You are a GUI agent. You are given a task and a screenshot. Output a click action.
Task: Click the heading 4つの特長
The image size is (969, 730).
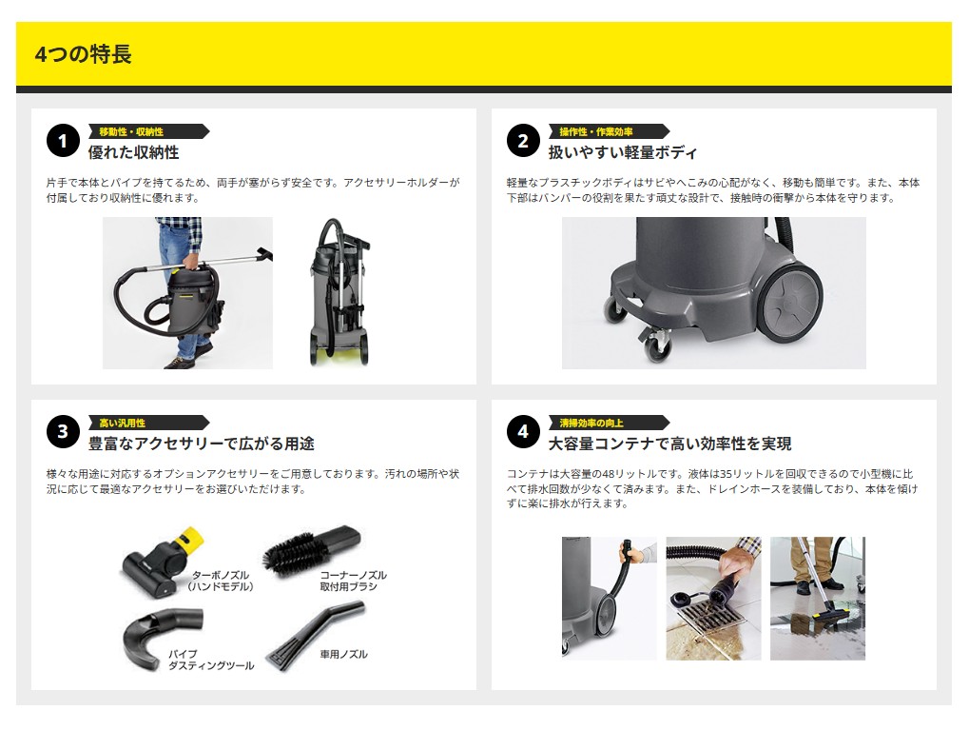[x=83, y=54]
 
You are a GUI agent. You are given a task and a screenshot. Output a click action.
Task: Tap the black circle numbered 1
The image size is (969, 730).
[x=63, y=141]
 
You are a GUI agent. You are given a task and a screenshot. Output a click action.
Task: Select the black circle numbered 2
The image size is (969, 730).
[x=523, y=141]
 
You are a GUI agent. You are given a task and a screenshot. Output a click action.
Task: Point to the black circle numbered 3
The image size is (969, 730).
[x=63, y=432]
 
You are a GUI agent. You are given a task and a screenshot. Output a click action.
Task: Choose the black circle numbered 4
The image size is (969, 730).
[x=523, y=432]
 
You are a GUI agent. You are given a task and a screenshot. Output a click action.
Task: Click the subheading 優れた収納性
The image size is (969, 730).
[x=133, y=152]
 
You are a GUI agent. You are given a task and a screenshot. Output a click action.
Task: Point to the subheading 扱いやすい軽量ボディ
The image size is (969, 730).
[x=623, y=152]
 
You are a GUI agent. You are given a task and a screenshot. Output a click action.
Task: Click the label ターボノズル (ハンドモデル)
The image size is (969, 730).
[x=221, y=581]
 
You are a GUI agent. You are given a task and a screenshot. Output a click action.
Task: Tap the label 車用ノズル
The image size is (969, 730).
[x=343, y=654]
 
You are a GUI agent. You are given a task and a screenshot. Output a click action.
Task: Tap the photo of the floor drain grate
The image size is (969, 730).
[x=713, y=599]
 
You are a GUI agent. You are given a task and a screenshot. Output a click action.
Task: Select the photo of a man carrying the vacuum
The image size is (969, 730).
[x=187, y=292]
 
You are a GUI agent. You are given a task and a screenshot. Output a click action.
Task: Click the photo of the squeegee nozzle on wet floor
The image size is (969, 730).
[x=818, y=599]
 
